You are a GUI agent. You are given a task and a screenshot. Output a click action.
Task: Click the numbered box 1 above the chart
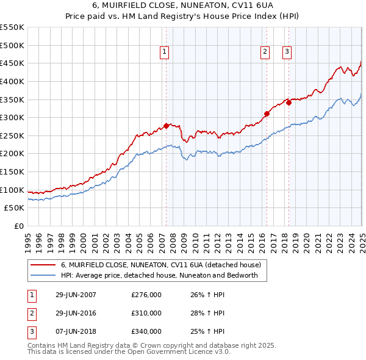pyautogui.click(x=165, y=52)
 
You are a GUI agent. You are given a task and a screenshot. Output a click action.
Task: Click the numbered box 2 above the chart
pyautogui.click(x=265, y=52)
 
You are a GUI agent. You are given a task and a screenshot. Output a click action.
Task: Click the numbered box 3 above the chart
pyautogui.click(x=287, y=52)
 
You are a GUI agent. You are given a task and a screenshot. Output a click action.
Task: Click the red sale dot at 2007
pyautogui.click(x=166, y=126)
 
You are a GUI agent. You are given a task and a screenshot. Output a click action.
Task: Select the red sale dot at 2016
pyautogui.click(x=267, y=113)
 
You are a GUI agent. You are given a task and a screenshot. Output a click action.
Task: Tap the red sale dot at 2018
pyautogui.click(x=289, y=103)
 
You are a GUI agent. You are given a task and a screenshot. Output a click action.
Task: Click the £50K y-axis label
pyautogui.click(x=15, y=208)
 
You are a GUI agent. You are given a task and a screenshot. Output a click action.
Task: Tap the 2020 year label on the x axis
pyautogui.click(x=307, y=240)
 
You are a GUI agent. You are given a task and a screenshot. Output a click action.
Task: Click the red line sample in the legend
pyautogui.click(x=42, y=265)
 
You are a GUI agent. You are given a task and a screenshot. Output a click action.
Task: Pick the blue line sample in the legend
pyautogui.click(x=42, y=275)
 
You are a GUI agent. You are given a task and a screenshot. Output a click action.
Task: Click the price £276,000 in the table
pyautogui.click(x=146, y=295)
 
